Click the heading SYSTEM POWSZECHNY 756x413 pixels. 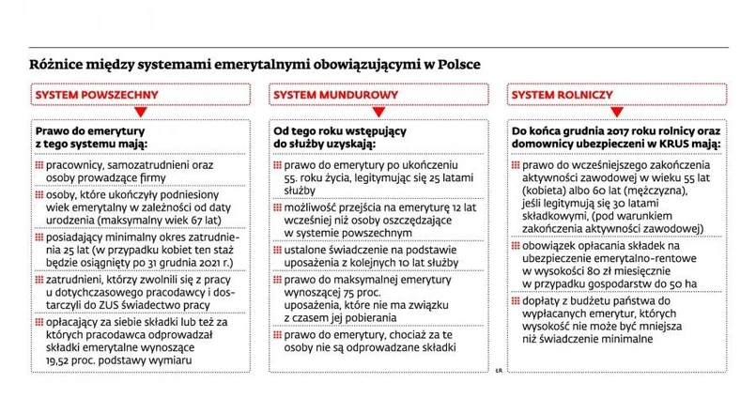click(96, 95)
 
